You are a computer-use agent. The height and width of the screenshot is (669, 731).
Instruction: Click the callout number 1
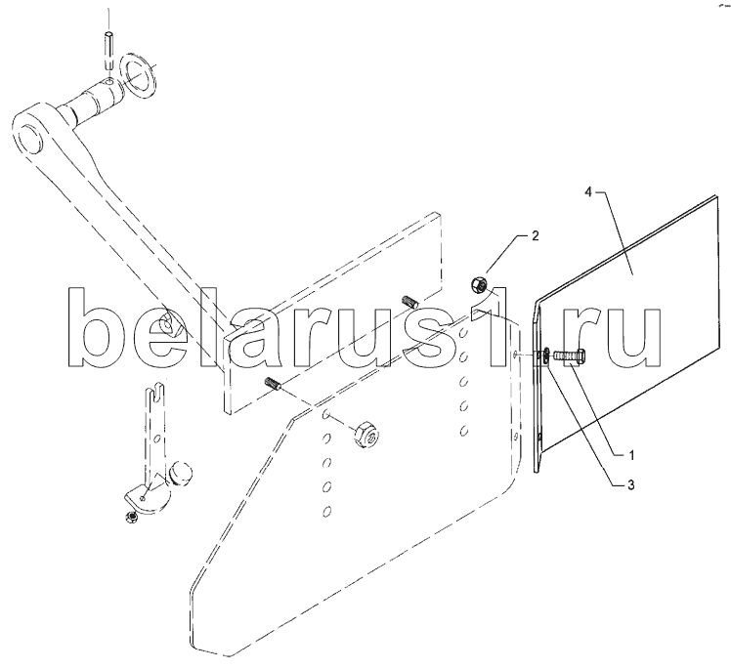631,453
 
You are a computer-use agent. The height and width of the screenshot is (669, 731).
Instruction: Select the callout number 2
535,236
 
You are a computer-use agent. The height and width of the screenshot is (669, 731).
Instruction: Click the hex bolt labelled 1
571,357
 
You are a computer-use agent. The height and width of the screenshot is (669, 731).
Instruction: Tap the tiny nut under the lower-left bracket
129,515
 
